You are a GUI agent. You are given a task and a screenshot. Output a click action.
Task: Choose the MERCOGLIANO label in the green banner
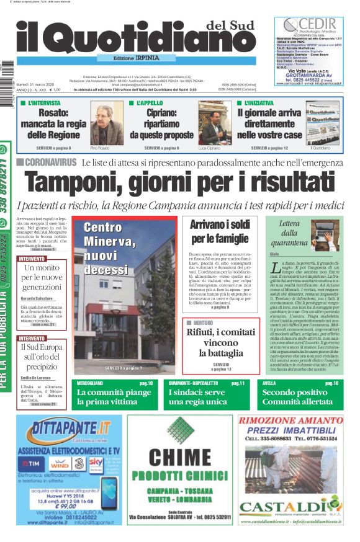[x=91, y=384]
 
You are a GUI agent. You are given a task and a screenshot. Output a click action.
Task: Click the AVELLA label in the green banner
[x=269, y=384]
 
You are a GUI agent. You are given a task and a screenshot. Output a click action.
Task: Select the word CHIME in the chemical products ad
[x=179, y=457]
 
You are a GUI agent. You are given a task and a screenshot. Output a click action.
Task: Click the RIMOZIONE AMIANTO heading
[x=290, y=420]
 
